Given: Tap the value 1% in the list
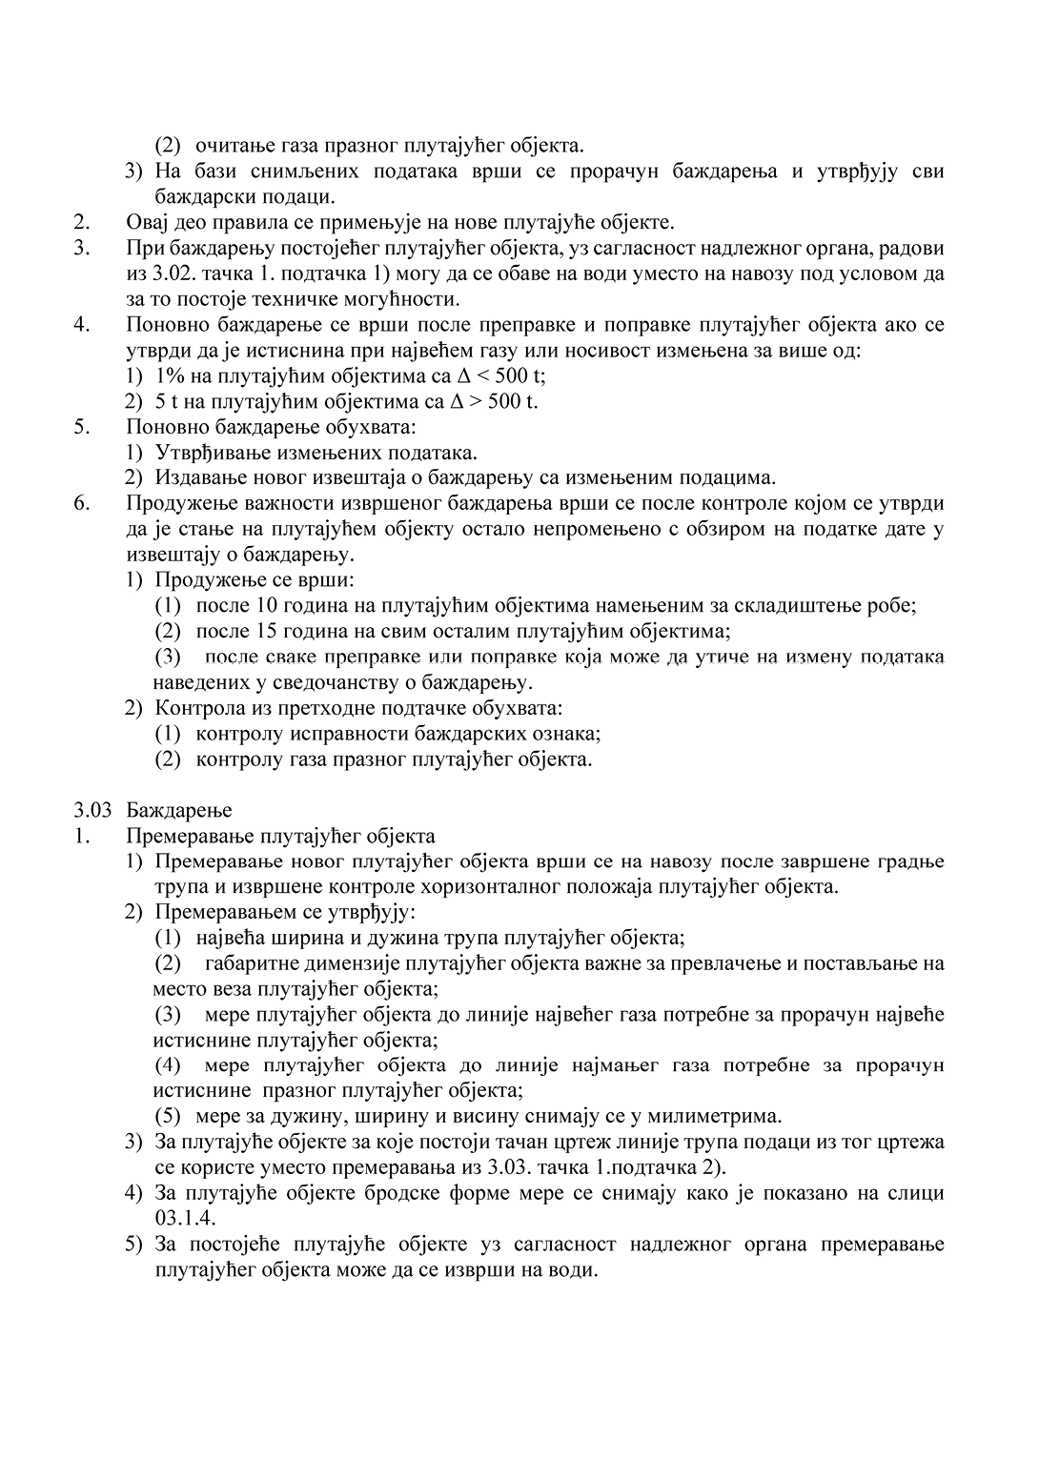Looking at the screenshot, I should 170,375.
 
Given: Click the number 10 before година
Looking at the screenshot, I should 267,605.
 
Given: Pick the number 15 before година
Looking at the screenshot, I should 267,631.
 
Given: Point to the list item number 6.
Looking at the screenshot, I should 81,503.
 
